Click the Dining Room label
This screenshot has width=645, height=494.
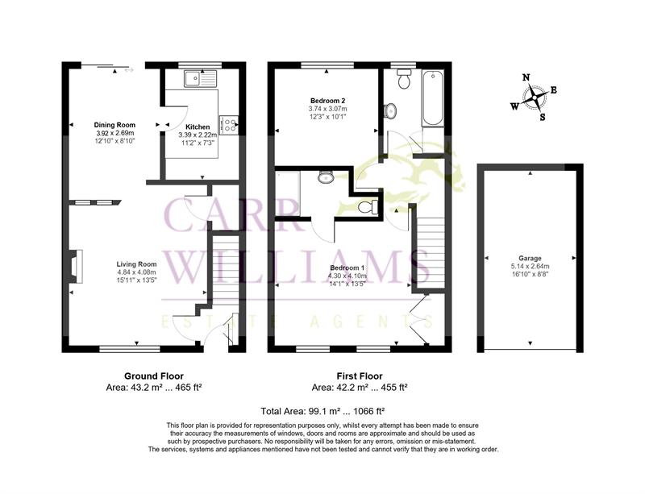click(x=114, y=125)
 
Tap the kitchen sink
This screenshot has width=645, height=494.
click(x=200, y=78)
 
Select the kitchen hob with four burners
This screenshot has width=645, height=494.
click(x=229, y=125)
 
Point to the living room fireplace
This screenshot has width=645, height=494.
click(x=76, y=266)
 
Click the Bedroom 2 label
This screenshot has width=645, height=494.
click(x=327, y=101)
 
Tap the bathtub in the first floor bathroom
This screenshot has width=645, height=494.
click(x=432, y=98)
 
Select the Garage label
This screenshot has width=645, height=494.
click(x=530, y=259)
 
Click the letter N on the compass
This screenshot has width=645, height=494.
click(x=526, y=77)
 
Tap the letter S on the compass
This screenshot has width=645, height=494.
click(x=543, y=117)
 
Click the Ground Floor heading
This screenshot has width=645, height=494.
click(x=154, y=376)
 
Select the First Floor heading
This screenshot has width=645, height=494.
click(x=360, y=376)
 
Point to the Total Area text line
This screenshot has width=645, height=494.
click(x=322, y=411)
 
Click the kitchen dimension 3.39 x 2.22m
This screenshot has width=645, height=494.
click(x=198, y=135)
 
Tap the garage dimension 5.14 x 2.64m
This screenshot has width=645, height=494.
click(x=530, y=266)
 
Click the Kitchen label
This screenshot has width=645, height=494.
click(x=198, y=127)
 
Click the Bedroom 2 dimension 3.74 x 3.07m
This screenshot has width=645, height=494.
click(x=327, y=109)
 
